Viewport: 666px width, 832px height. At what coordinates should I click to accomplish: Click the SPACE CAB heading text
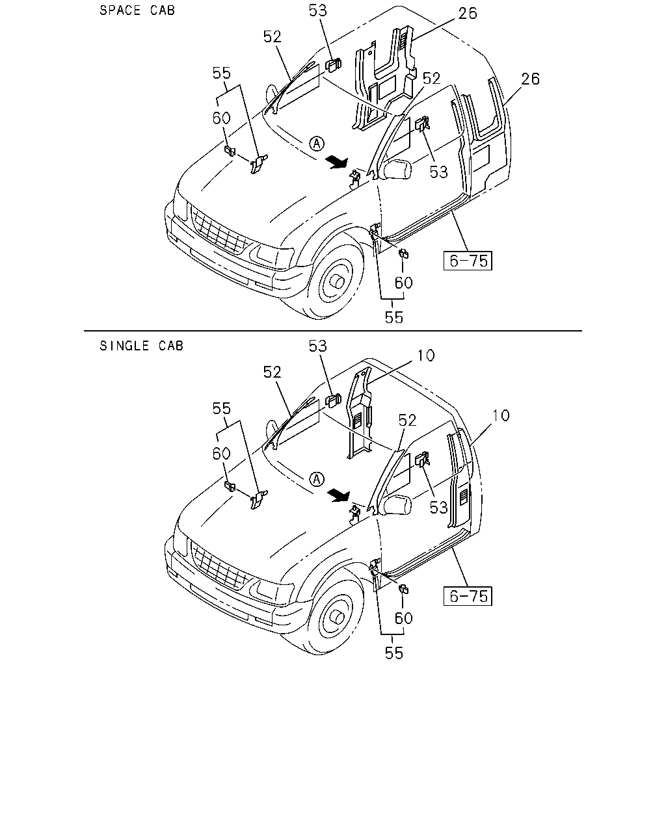pyautogui.click(x=137, y=10)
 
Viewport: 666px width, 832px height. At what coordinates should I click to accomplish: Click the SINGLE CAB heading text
pyautogui.click(x=141, y=346)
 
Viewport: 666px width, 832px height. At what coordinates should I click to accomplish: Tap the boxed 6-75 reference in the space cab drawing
pyautogui.click(x=468, y=261)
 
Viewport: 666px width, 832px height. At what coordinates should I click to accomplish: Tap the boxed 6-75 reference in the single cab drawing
pyautogui.click(x=468, y=596)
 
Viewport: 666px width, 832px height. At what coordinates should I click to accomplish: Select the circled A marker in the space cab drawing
pyautogui.click(x=317, y=144)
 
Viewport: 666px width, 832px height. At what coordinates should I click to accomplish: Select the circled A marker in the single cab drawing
pyautogui.click(x=317, y=480)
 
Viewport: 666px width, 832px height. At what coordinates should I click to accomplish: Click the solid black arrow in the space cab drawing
pyautogui.click(x=337, y=162)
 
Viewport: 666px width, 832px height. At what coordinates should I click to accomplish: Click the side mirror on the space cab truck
pyautogui.click(x=398, y=170)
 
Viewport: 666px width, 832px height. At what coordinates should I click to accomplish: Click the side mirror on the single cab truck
pyautogui.click(x=398, y=505)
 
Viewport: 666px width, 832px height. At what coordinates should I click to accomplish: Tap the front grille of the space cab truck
pyautogui.click(x=219, y=231)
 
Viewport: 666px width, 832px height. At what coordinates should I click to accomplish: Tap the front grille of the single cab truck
pyautogui.click(x=219, y=566)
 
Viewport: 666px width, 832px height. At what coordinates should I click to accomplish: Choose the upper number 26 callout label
pyautogui.click(x=468, y=14)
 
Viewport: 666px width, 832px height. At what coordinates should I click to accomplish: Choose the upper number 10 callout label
pyautogui.click(x=426, y=356)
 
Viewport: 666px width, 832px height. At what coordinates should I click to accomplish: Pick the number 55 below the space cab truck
pyautogui.click(x=394, y=318)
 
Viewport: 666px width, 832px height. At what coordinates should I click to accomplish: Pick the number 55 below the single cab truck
pyautogui.click(x=394, y=653)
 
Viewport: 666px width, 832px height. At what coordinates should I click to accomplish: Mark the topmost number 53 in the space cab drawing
pyautogui.click(x=317, y=10)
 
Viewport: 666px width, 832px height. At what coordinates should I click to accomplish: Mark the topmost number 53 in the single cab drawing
pyautogui.click(x=317, y=346)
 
